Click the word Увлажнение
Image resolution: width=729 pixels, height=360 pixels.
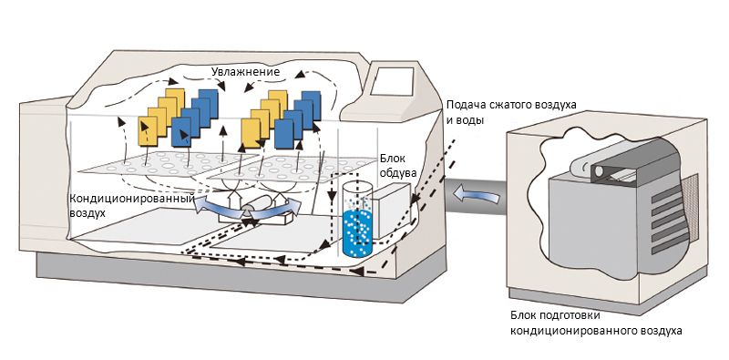pyautogui.click(x=246, y=72)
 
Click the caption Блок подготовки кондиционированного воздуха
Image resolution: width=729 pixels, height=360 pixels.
pyautogui.click(x=597, y=324)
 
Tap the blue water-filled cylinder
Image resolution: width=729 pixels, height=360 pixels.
pyautogui.click(x=357, y=219)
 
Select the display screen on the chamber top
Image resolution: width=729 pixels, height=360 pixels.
pyautogui.click(x=395, y=81)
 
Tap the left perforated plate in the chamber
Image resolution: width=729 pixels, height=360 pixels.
pyautogui.click(x=168, y=167)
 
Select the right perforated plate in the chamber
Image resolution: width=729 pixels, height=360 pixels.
pyautogui.click(x=292, y=169)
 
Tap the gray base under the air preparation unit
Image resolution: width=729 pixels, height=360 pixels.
pyautogui.click(x=604, y=298)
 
